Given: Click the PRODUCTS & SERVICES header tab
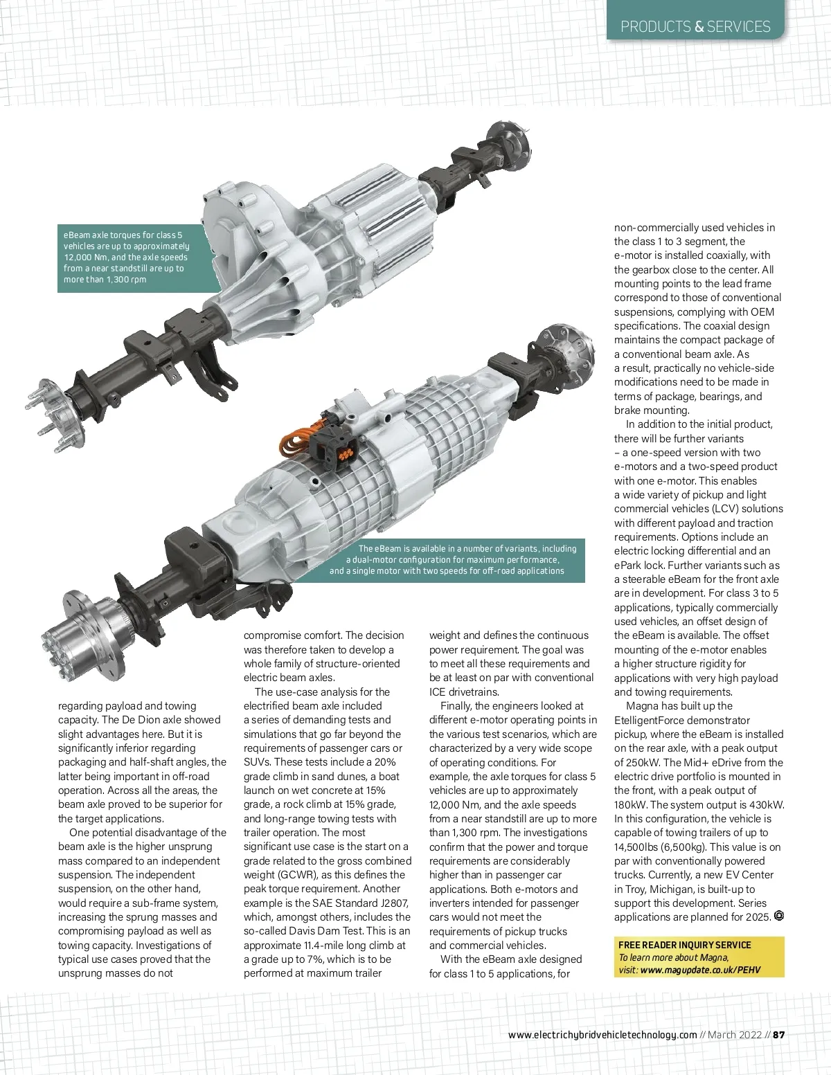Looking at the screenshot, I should (695, 26).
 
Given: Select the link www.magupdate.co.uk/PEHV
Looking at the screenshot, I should (700, 970).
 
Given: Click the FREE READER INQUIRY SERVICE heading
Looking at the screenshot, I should (684, 945).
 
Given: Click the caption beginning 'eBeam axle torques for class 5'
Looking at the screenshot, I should (126, 257).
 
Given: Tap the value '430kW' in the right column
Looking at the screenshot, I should (769, 804).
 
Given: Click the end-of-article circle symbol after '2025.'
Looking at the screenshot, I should (779, 916).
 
